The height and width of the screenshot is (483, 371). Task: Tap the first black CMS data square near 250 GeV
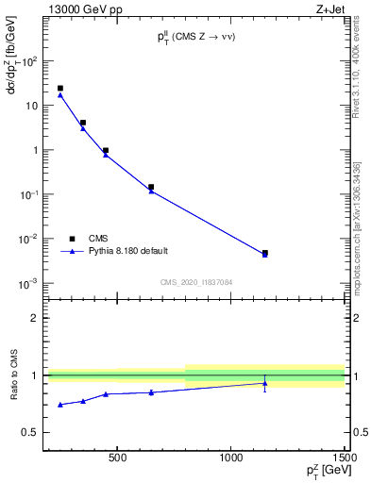[x=60, y=88]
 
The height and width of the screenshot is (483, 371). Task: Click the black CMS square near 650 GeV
[x=151, y=187]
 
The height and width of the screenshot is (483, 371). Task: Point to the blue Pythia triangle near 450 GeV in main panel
[x=106, y=155]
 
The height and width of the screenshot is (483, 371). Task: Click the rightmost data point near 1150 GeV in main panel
[x=265, y=254]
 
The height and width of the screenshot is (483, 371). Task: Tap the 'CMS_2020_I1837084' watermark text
[x=196, y=282]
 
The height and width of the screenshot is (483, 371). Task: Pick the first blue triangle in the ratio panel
[x=60, y=405]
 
